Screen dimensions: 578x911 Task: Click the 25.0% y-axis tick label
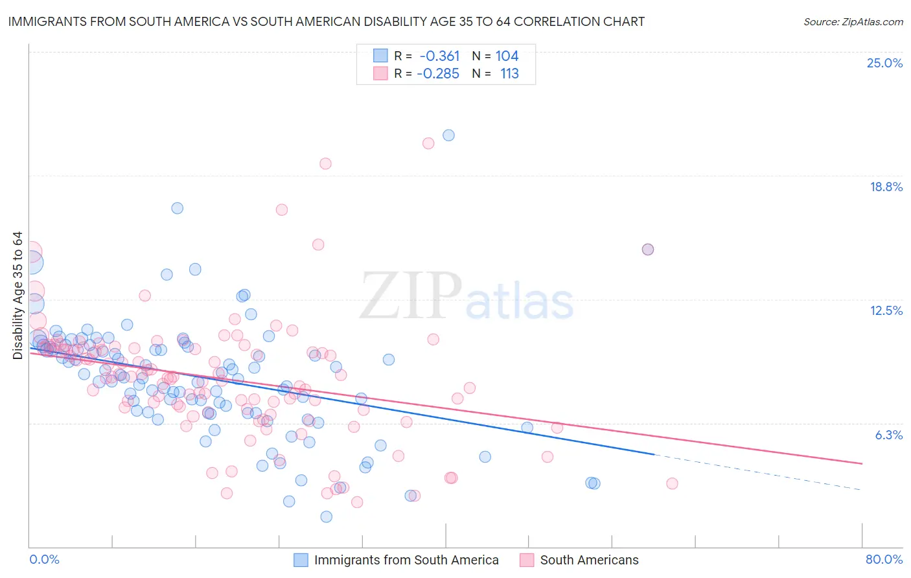pyautogui.click(x=884, y=63)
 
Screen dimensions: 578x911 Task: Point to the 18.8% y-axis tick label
pyautogui.click(x=886, y=187)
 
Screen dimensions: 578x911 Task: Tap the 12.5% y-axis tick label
pyautogui.click(x=886, y=310)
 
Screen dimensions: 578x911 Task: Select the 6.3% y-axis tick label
pyautogui.click(x=888, y=435)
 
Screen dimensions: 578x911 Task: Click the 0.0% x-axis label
pyautogui.click(x=44, y=559)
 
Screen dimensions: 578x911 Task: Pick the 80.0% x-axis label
pyautogui.click(x=884, y=559)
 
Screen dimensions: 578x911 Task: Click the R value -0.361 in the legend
pyautogui.click(x=439, y=56)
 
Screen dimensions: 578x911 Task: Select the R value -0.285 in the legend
pyautogui.click(x=438, y=73)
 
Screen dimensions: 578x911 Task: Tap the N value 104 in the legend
pyautogui.click(x=507, y=56)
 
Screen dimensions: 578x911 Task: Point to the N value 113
pyautogui.click(x=509, y=73)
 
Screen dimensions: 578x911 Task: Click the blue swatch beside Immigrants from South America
pyautogui.click(x=301, y=560)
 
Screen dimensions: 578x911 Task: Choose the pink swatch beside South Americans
pyautogui.click(x=527, y=560)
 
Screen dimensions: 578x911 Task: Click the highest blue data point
pyautogui.click(x=448, y=135)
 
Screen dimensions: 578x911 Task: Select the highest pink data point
pyautogui.click(x=428, y=143)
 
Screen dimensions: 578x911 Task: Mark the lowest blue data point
pyautogui.click(x=327, y=516)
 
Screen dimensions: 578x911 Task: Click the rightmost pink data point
pyautogui.click(x=672, y=483)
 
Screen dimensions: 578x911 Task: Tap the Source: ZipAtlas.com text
pyautogui.click(x=853, y=21)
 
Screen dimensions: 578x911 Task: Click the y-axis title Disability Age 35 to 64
pyautogui.click(x=17, y=295)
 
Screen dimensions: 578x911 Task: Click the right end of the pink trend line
pyautogui.click(x=862, y=463)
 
